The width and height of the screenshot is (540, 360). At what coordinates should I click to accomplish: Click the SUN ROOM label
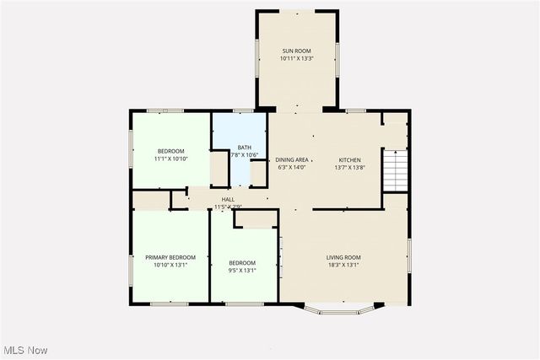click(297, 51)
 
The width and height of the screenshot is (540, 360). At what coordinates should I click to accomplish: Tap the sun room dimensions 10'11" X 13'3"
click(297, 59)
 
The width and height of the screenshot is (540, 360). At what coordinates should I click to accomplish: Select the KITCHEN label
click(350, 159)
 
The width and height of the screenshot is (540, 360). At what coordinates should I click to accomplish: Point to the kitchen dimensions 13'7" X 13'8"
click(350, 167)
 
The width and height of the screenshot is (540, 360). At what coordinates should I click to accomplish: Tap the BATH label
click(244, 148)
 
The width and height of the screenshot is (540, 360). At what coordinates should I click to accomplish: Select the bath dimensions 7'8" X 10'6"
click(244, 155)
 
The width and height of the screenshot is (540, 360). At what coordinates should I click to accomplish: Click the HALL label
click(228, 199)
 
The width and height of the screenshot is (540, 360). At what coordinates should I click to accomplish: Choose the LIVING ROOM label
click(344, 257)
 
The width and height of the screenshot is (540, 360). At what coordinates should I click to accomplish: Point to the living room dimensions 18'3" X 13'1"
click(344, 265)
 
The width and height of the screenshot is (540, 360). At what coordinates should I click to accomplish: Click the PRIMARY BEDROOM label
click(170, 257)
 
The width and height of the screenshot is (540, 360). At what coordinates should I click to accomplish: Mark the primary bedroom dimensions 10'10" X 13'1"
click(170, 265)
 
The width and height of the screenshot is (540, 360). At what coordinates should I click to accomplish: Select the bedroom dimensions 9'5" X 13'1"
click(242, 271)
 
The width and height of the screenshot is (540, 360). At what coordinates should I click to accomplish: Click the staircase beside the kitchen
click(395, 171)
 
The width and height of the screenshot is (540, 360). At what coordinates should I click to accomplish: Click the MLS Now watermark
click(24, 350)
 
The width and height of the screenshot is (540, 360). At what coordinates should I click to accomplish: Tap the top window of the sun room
click(297, 12)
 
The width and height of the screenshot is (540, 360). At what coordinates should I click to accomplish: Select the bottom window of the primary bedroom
click(170, 303)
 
